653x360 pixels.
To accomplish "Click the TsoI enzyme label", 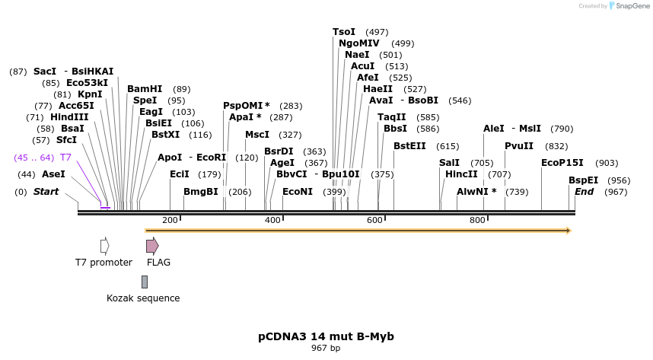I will pyautogui.click(x=344, y=32).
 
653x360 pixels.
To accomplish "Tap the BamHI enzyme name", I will pyautogui.click(x=145, y=89).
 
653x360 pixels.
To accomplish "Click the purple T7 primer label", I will pyautogui.click(x=65, y=158).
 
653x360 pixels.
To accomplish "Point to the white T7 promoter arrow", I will pyautogui.click(x=104, y=245).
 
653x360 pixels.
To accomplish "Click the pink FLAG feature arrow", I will pyautogui.click(x=152, y=245).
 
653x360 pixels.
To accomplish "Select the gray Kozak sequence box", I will pyautogui.click(x=145, y=282).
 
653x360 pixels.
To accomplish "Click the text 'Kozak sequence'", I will pyautogui.click(x=143, y=298).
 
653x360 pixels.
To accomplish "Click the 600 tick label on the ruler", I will pyautogui.click(x=374, y=220).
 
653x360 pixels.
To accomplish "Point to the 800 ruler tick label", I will pyautogui.click(x=477, y=220).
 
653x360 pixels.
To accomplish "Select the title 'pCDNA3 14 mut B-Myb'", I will pyautogui.click(x=326, y=336).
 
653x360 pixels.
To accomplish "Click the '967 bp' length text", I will pyautogui.click(x=326, y=348).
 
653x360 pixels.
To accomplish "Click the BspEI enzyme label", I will pyautogui.click(x=583, y=180).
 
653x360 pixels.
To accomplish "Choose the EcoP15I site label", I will pyautogui.click(x=562, y=163).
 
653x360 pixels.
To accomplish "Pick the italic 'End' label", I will pyautogui.click(x=584, y=192).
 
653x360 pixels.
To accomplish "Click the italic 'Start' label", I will pyautogui.click(x=46, y=192).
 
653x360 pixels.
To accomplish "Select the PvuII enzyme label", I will pyautogui.click(x=519, y=146).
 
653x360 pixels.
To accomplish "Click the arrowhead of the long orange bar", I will pyautogui.click(x=567, y=230).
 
